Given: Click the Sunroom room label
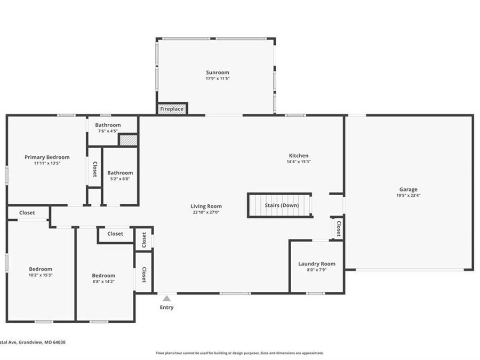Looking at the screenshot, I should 218,73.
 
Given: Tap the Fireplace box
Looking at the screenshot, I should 172,109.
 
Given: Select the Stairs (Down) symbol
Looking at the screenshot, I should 280,205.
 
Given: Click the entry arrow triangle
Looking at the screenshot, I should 167,299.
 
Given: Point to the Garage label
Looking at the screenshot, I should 409,189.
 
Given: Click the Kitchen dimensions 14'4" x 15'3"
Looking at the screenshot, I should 298,162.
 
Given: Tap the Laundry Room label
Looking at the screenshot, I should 316,263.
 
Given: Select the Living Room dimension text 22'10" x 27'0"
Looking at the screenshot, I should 206,212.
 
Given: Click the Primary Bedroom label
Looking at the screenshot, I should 47,157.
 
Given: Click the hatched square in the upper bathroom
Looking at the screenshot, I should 128,140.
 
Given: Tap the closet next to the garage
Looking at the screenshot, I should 338,228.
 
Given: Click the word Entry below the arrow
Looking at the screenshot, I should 167,307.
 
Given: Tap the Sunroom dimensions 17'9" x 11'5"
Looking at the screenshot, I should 218,78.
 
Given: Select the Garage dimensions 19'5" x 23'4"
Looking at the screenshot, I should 409,195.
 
